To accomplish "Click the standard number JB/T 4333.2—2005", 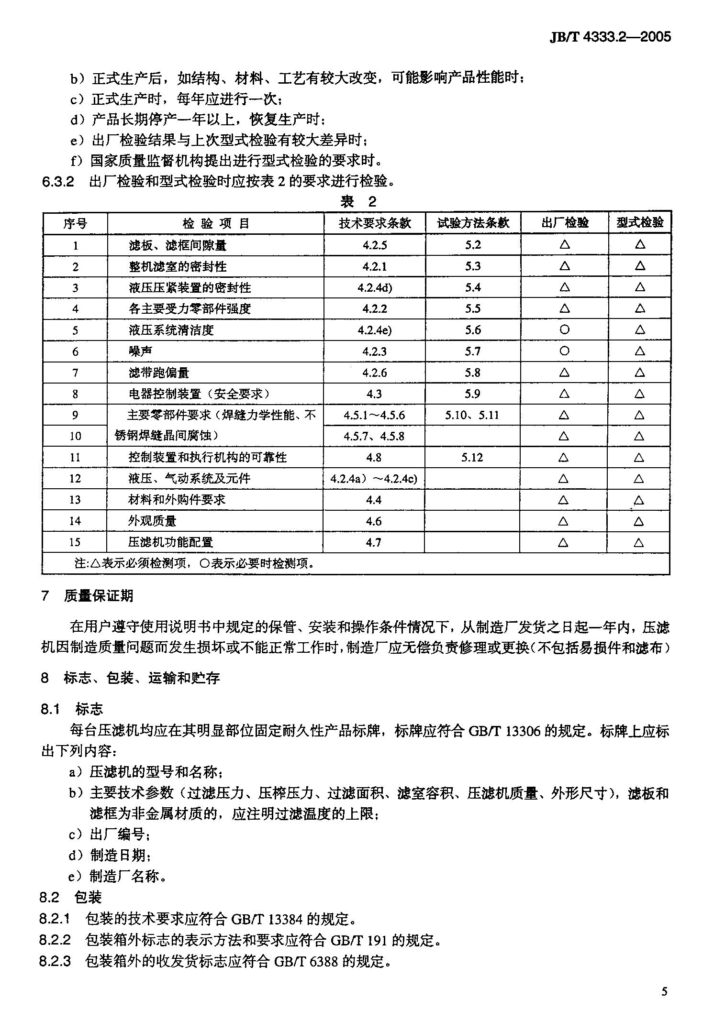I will tap(610, 37).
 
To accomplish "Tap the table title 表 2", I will tap(358, 201).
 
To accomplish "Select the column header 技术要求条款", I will tap(375, 223).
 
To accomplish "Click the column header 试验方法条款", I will tap(473, 223).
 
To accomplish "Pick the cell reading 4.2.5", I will tap(375, 245).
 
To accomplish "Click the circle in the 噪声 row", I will tap(564, 351).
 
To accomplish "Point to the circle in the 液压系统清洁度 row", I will tap(564, 329).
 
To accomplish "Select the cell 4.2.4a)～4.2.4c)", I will tap(374, 479).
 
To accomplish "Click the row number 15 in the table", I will tap(75, 542).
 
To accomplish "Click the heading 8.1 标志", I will tap(72, 709).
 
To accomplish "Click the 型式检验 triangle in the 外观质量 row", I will tap(639, 521).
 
